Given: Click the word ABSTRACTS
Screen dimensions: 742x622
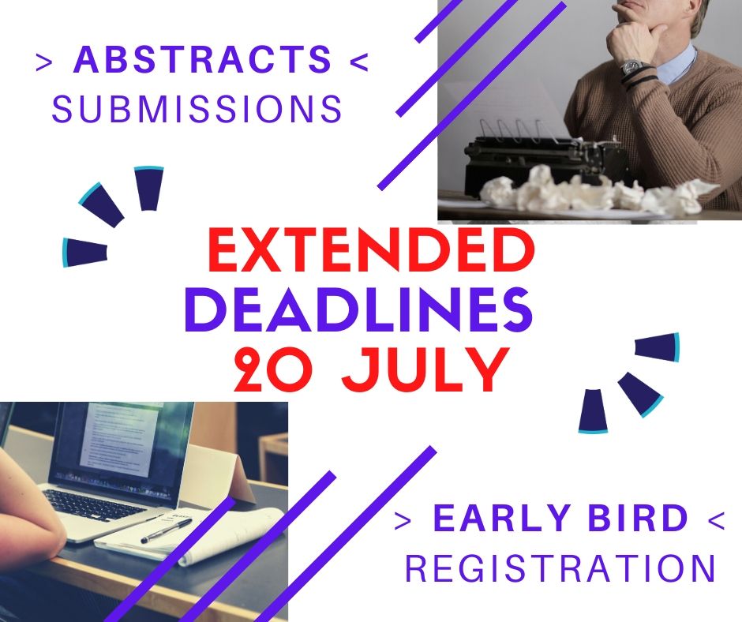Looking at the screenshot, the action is tap(203, 59).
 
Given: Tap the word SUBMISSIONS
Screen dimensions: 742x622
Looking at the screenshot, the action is tap(197, 109).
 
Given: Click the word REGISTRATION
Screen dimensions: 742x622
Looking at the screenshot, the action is tap(560, 568).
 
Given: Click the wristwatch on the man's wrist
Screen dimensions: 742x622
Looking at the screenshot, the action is tap(631, 68).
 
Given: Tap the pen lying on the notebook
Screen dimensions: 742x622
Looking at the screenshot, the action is tap(167, 530).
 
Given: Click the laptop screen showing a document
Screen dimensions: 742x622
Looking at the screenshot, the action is tap(123, 440).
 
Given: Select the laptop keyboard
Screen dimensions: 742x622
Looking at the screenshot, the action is tap(95, 505).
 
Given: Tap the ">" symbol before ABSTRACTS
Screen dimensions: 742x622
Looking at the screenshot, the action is tap(43, 62).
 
